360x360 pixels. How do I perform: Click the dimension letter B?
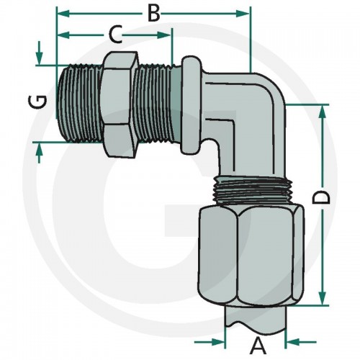point(153,14)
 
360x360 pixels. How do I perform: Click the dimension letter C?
point(115,35)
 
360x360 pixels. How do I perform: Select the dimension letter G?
point(37,102)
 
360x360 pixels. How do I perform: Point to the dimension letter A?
point(258,346)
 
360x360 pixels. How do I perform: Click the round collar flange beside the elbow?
point(191,105)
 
